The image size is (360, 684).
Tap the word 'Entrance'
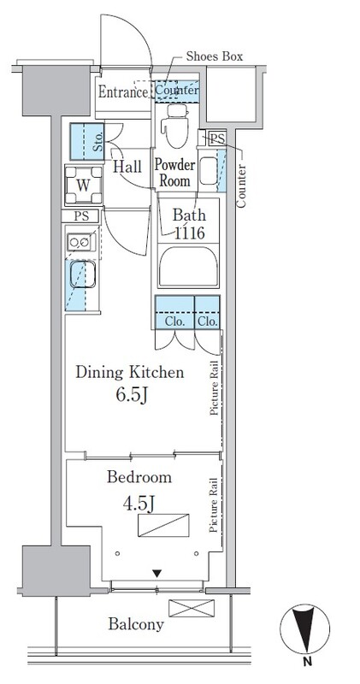[123, 91]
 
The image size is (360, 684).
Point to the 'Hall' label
[127, 168]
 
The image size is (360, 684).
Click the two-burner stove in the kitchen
[83, 243]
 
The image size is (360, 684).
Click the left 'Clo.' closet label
[172, 323]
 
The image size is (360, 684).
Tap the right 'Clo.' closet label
[206, 323]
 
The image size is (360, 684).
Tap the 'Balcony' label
[136, 624]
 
